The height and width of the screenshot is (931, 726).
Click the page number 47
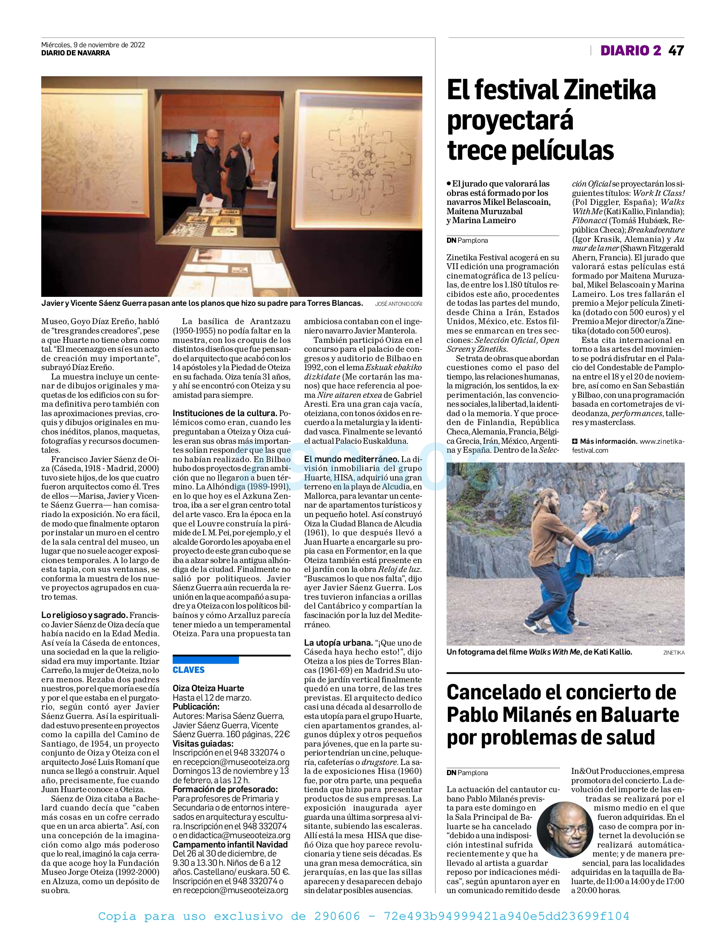pos(676,51)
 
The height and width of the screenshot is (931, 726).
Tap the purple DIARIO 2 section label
pos(630,51)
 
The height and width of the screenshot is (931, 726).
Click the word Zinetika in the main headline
pos(610,90)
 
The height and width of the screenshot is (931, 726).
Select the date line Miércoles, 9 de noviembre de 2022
pos(93,45)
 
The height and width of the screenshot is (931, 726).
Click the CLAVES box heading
pos(189,670)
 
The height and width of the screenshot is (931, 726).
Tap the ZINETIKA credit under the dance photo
pos(674,652)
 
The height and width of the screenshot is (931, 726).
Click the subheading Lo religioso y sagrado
pos(84,615)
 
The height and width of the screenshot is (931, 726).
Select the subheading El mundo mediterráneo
pos(351,459)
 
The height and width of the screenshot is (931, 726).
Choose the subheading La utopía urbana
pos(338,642)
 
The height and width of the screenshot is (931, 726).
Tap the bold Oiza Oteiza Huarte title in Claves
pos(208,688)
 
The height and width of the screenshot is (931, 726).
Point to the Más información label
pos(608,441)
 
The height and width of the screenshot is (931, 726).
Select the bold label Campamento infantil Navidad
pos(230,845)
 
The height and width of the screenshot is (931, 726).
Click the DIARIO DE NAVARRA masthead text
pos(75,53)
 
